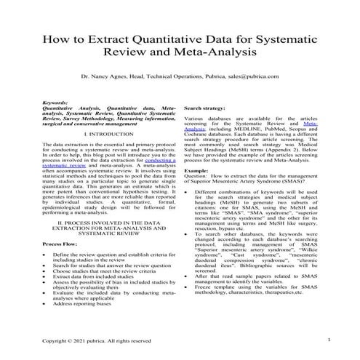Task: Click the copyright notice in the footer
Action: tap(97, 340)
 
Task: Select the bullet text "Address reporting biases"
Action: tap(86, 310)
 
